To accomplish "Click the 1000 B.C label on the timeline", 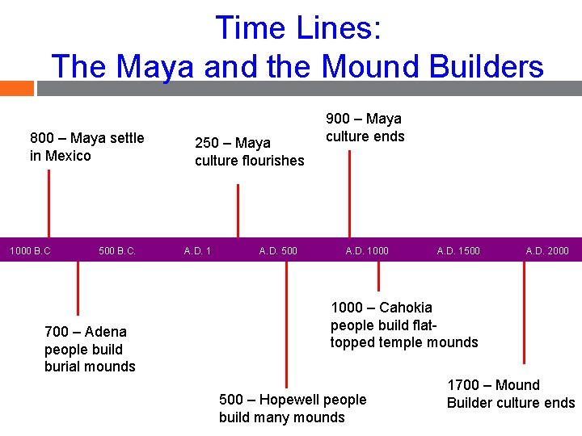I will pos(30,250).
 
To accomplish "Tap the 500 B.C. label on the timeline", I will pos(117,250).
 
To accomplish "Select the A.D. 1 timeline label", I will pos(197,250).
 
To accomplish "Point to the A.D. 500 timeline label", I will pos(278,250).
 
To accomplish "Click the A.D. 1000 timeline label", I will pos(367,250).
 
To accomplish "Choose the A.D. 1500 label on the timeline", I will pos(458,250).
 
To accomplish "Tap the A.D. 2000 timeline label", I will pos(547,250).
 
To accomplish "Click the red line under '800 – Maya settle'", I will pos(49,202).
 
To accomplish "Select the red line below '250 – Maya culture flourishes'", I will pos(238,210).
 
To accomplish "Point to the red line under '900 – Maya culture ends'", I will pos(349,194).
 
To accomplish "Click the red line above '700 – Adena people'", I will pos(78,287).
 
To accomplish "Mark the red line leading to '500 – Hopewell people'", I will pos(286,323).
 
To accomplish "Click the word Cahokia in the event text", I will pos(405,308).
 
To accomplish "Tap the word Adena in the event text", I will pos(106,332).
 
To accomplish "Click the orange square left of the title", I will pos(17,88).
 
